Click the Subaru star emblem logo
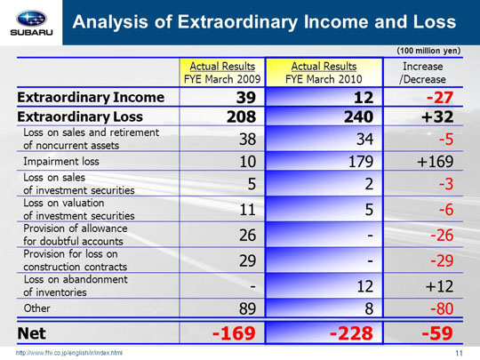(x=31, y=19)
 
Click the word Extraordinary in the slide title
(x=237, y=21)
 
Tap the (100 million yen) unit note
(x=428, y=51)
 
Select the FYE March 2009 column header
(x=222, y=73)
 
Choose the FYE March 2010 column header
(x=324, y=73)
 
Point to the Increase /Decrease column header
(x=422, y=73)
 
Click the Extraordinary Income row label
(x=91, y=98)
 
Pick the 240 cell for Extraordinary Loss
(x=358, y=116)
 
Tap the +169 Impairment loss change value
(x=435, y=161)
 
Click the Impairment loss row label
(x=61, y=161)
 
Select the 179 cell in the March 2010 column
(x=361, y=161)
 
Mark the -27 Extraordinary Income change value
(x=440, y=98)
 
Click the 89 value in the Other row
(x=247, y=308)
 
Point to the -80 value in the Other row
(x=442, y=308)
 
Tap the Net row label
(x=31, y=333)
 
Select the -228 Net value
(x=351, y=333)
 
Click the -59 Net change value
(x=437, y=333)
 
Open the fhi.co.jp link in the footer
(x=69, y=353)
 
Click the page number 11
(x=459, y=353)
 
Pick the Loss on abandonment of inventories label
(x=76, y=285)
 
